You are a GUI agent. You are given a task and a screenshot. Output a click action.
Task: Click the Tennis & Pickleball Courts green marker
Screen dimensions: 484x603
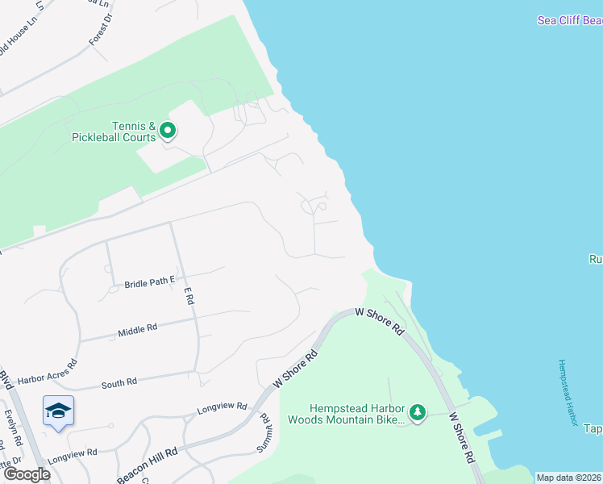(168, 130)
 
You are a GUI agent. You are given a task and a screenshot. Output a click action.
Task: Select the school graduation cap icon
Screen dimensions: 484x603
(58, 412)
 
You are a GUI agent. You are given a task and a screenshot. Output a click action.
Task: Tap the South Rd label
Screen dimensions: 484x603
(119, 382)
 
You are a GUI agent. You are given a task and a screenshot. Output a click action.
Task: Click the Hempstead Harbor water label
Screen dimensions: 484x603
(568, 392)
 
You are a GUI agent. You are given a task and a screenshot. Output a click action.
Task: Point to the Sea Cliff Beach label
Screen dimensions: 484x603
(569, 19)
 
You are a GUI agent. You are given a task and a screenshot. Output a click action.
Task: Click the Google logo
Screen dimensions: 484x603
(26, 474)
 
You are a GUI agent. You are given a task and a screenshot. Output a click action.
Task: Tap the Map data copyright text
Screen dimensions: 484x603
(569, 478)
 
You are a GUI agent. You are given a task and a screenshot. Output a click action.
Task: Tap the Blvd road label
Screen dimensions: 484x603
(5, 379)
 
